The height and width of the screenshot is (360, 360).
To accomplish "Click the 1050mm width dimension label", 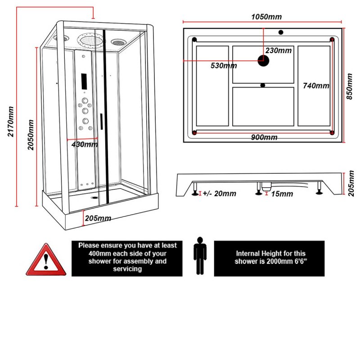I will tap(266, 17).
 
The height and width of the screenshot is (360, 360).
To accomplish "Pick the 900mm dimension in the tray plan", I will tap(264, 137).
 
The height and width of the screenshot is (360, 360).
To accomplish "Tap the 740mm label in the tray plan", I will tap(316, 85).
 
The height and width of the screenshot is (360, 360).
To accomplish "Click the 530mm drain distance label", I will tap(224, 66).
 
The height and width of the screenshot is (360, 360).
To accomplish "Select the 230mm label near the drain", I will tap(279, 50).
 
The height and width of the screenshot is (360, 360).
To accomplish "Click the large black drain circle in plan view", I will tap(263, 60).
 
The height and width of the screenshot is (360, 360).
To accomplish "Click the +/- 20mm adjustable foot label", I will tap(219, 194).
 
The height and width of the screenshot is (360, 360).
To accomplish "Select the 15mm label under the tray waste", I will tap(283, 194).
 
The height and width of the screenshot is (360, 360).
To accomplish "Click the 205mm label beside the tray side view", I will tap(351, 184).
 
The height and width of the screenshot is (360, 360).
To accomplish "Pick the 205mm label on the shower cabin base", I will tap(98, 218).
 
